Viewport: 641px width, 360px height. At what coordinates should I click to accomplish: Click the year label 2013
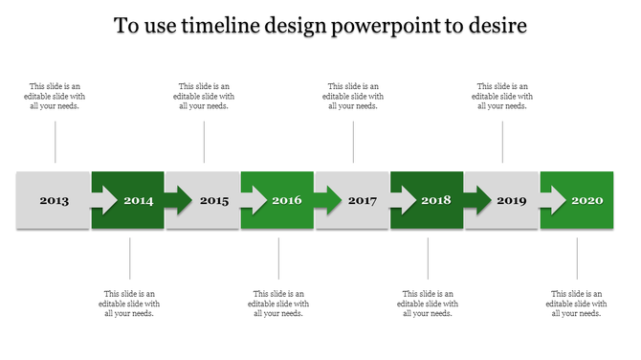[54, 201]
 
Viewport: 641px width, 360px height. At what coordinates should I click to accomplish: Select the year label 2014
[139, 201]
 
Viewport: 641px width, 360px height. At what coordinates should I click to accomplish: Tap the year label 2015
[214, 201]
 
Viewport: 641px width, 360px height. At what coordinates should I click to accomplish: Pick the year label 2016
[288, 201]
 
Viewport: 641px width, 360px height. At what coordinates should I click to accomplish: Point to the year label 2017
[363, 201]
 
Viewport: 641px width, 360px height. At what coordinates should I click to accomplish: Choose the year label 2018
[436, 201]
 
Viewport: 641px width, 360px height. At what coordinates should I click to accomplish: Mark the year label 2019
[512, 201]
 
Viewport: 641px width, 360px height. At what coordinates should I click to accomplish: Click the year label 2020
[586, 201]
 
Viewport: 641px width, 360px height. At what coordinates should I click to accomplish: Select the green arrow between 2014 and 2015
[177, 200]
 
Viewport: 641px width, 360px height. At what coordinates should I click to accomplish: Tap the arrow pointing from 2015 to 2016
[252, 200]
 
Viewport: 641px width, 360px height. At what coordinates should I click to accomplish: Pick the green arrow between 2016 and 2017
[326, 200]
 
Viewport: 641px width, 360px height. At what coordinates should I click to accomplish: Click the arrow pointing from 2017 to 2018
[401, 200]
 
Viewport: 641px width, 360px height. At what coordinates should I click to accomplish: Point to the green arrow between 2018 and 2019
[475, 200]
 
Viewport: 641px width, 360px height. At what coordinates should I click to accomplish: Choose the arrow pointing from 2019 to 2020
[551, 200]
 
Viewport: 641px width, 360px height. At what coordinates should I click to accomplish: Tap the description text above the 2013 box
[55, 96]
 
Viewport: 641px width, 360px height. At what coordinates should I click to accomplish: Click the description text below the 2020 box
[577, 303]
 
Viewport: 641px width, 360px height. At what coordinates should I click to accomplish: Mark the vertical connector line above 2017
[354, 142]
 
